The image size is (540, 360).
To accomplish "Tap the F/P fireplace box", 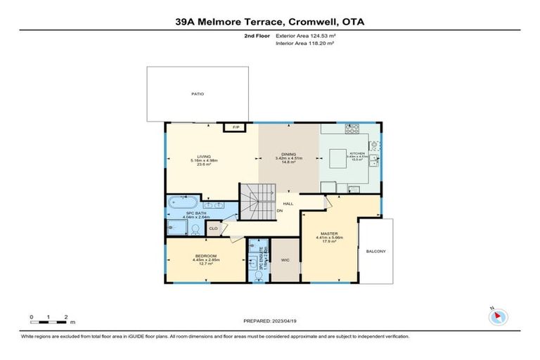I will (x=237, y=127).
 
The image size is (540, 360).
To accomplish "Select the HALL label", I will (x=288, y=204).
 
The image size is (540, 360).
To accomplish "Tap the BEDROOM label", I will (x=205, y=256).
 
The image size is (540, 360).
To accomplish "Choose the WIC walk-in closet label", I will (x=285, y=259).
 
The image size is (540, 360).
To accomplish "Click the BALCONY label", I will (x=375, y=251).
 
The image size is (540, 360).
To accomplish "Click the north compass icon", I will (x=499, y=317).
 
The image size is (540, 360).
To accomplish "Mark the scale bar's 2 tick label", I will (x=65, y=317).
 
